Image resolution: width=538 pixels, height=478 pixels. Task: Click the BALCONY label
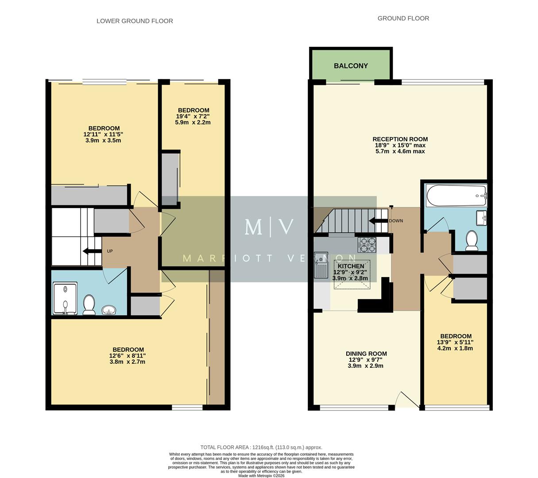click(351, 66)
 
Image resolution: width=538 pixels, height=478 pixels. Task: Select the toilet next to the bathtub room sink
click(472, 240)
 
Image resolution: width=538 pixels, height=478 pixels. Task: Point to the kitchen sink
click(321, 265)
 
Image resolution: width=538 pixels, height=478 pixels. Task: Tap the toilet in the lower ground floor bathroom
click(89, 305)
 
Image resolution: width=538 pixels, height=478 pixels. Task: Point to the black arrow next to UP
click(92, 251)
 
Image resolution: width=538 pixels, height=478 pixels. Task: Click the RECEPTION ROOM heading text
click(400, 139)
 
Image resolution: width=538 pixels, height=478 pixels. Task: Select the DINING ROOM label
click(366, 354)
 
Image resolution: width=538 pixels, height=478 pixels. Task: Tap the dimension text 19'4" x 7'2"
click(193, 116)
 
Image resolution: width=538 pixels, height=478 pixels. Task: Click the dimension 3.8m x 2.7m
click(128, 362)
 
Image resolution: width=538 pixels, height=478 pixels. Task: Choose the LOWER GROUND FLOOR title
click(135, 21)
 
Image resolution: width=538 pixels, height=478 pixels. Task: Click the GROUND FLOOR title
click(403, 18)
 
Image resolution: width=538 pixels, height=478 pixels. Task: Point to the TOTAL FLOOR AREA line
click(261, 447)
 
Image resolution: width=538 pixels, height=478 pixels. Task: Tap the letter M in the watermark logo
click(253, 227)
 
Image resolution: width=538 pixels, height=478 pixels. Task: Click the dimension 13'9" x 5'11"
click(456, 342)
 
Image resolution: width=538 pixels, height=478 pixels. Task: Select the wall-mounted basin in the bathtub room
click(481, 217)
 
